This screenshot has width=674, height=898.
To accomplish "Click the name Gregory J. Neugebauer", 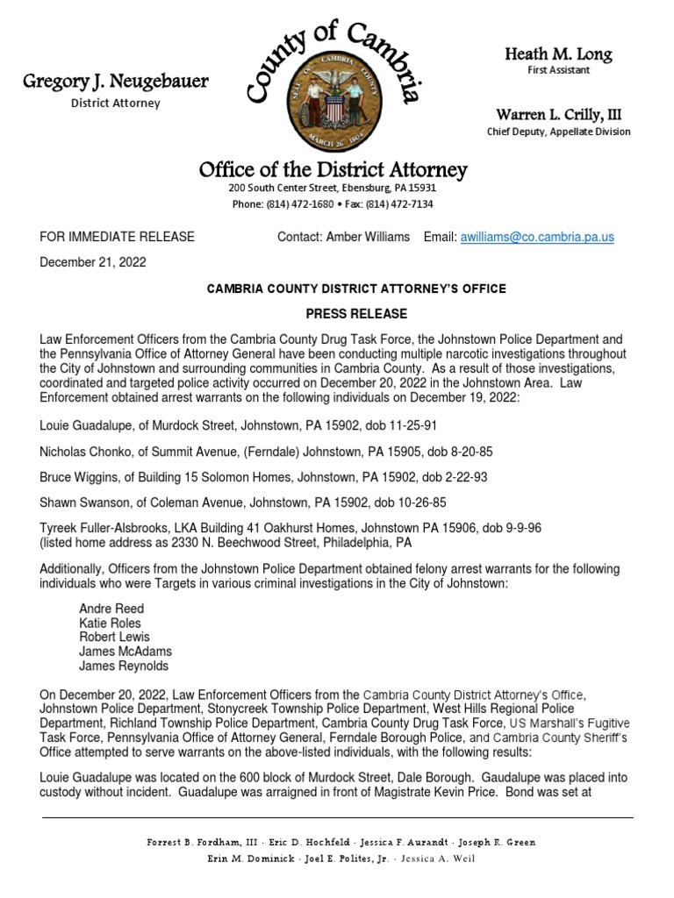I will click(x=116, y=82).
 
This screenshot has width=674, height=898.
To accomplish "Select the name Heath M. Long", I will click(x=558, y=54).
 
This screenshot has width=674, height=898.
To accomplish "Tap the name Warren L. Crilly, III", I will click(x=558, y=115).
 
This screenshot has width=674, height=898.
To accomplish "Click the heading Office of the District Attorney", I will click(x=333, y=169).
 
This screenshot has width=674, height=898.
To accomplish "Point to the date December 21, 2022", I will click(x=93, y=261).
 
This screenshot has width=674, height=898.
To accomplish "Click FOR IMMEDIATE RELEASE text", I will click(x=118, y=237).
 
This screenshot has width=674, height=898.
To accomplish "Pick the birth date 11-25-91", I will click(x=410, y=425).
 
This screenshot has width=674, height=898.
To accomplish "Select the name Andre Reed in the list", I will click(x=111, y=609).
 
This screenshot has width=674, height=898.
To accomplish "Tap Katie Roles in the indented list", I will click(x=110, y=623).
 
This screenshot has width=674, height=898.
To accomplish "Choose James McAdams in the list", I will click(x=125, y=652).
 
